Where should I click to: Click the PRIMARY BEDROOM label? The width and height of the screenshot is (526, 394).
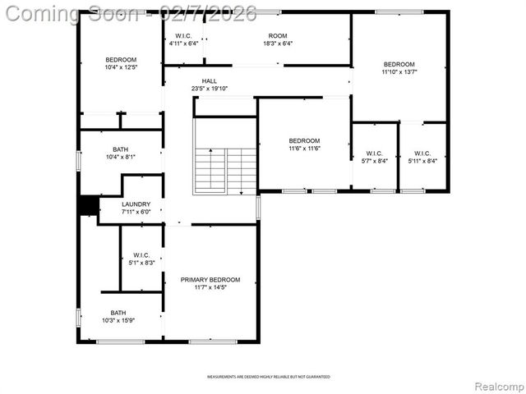pos(210,280)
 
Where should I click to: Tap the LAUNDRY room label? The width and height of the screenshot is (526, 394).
pos(136,204)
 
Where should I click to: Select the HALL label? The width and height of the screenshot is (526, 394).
pos(210,81)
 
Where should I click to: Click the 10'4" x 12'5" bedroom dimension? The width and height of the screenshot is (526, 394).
pos(121,67)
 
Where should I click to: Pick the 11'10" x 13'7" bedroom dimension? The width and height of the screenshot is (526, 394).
pos(399,72)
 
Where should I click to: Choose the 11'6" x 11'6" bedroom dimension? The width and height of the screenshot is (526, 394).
pos(304,148)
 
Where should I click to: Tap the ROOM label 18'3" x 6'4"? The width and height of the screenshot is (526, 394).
pos(278,36)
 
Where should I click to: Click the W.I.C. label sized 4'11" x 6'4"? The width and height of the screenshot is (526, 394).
pos(183,36)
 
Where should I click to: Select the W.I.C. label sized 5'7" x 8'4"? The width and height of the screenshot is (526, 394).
pos(375,153)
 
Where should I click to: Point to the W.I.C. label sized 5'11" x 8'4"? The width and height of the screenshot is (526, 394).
pos(422,153)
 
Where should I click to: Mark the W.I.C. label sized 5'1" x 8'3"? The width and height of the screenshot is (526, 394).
pos(141,254)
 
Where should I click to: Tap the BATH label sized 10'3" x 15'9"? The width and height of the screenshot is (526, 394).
pos(119,312)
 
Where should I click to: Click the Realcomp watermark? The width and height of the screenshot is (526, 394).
pos(497,385)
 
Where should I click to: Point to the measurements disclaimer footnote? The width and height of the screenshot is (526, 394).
pos(269,377)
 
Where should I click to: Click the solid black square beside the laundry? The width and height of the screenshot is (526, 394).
pos(88,205)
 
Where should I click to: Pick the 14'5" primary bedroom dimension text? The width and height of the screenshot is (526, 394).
pos(210,287)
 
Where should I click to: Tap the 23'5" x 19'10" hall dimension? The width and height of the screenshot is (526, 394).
pos(210,89)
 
